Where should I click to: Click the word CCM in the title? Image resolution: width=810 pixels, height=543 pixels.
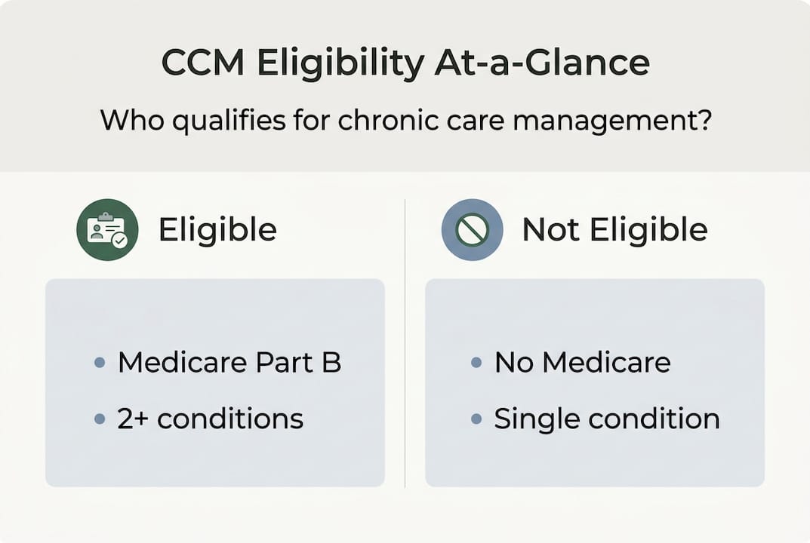click(202, 63)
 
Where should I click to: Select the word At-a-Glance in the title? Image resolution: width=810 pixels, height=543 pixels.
click(542, 63)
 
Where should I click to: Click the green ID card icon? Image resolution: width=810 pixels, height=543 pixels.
click(107, 230)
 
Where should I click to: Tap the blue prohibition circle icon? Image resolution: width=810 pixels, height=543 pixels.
click(472, 230)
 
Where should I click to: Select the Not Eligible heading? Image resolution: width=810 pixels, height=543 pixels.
click(614, 229)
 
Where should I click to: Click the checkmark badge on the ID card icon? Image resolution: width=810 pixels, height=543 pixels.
click(120, 240)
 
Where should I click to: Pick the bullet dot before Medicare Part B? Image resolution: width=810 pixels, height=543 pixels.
click(100, 362)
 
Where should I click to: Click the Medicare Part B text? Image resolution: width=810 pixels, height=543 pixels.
click(229, 362)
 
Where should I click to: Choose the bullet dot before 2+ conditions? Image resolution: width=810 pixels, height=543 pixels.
click(100, 419)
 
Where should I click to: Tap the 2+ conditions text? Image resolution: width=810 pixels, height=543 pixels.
click(211, 419)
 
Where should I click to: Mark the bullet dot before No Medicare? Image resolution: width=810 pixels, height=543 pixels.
click(476, 362)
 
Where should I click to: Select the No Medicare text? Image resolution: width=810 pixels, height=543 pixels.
click(583, 362)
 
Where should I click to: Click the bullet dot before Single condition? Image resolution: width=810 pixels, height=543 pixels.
click(476, 419)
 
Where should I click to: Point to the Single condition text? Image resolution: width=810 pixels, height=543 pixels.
click(607, 419)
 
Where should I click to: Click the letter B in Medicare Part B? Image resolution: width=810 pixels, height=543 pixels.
click(331, 362)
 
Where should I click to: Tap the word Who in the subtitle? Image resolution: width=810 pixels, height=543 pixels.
click(131, 120)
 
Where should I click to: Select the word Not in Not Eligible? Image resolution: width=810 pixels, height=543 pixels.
click(550, 230)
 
